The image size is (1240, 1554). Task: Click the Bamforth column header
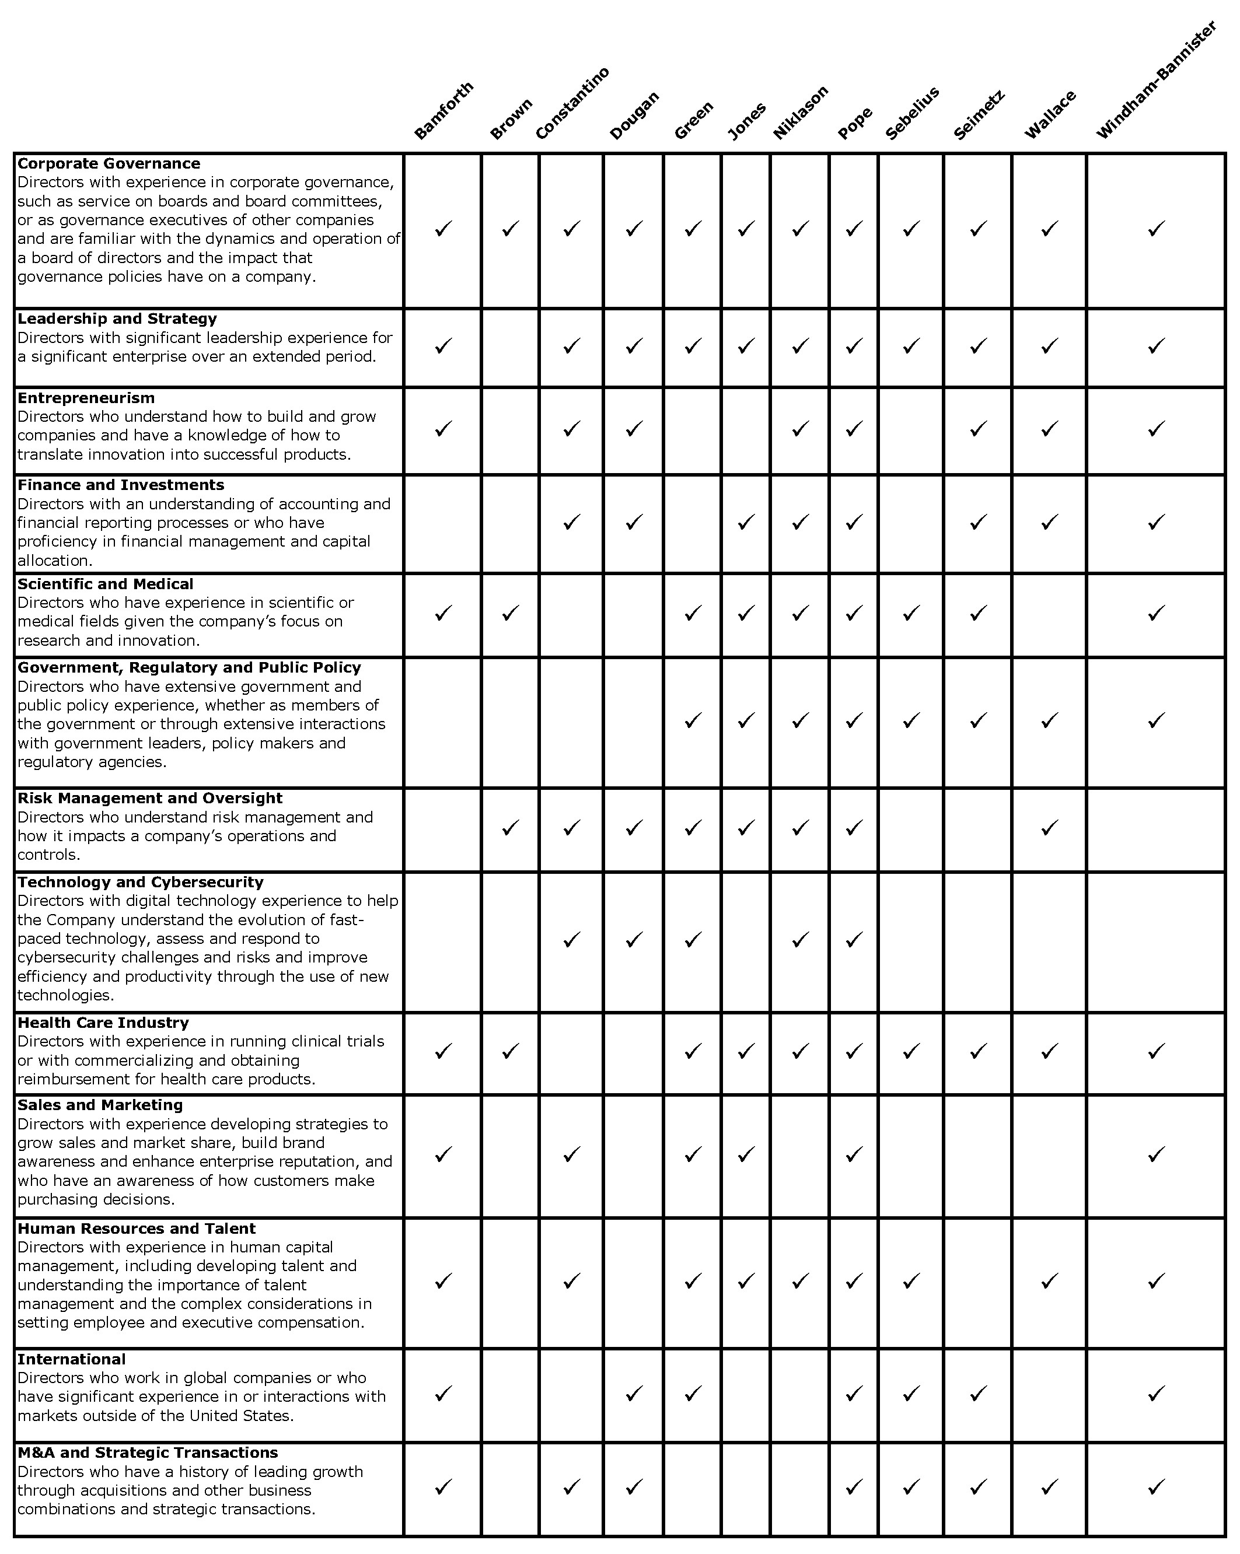444,110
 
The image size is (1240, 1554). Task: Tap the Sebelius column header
912,113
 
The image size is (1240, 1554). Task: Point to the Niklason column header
800,113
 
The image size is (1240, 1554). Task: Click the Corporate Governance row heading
109,163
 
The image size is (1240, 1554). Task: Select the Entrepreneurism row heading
86,398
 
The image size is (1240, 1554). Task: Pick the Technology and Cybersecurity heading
141,881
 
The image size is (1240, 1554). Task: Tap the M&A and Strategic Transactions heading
148,1452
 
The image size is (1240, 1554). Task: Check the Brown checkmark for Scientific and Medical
511,614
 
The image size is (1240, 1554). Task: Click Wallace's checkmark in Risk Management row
1050,828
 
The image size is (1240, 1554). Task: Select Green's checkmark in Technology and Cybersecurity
693,940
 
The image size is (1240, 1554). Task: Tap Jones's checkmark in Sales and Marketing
746,1154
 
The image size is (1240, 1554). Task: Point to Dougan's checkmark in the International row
634,1394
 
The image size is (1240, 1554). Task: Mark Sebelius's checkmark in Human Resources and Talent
911,1281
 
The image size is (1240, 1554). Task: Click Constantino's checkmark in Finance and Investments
572,522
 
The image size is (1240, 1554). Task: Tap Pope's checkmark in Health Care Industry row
854,1052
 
